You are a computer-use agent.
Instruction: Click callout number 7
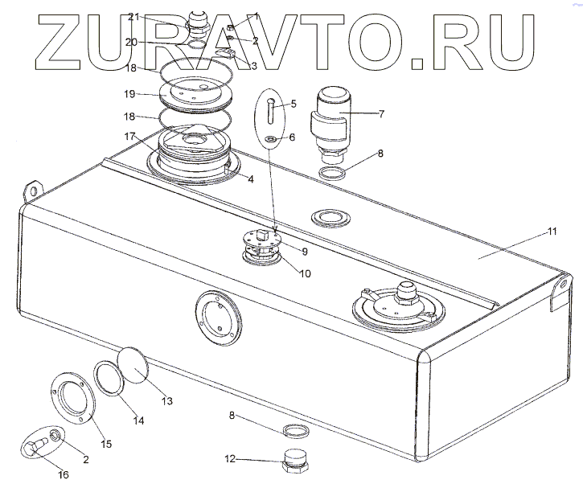(x=381, y=114)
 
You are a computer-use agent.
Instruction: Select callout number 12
(x=230, y=460)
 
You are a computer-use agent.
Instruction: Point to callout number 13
(x=166, y=400)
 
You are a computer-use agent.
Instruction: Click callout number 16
(x=63, y=474)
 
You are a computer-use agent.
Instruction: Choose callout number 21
(x=133, y=17)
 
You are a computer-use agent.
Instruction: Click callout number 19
(x=133, y=94)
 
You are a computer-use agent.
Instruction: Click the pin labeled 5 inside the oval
(x=271, y=109)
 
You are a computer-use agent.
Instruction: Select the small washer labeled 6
(x=271, y=141)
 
